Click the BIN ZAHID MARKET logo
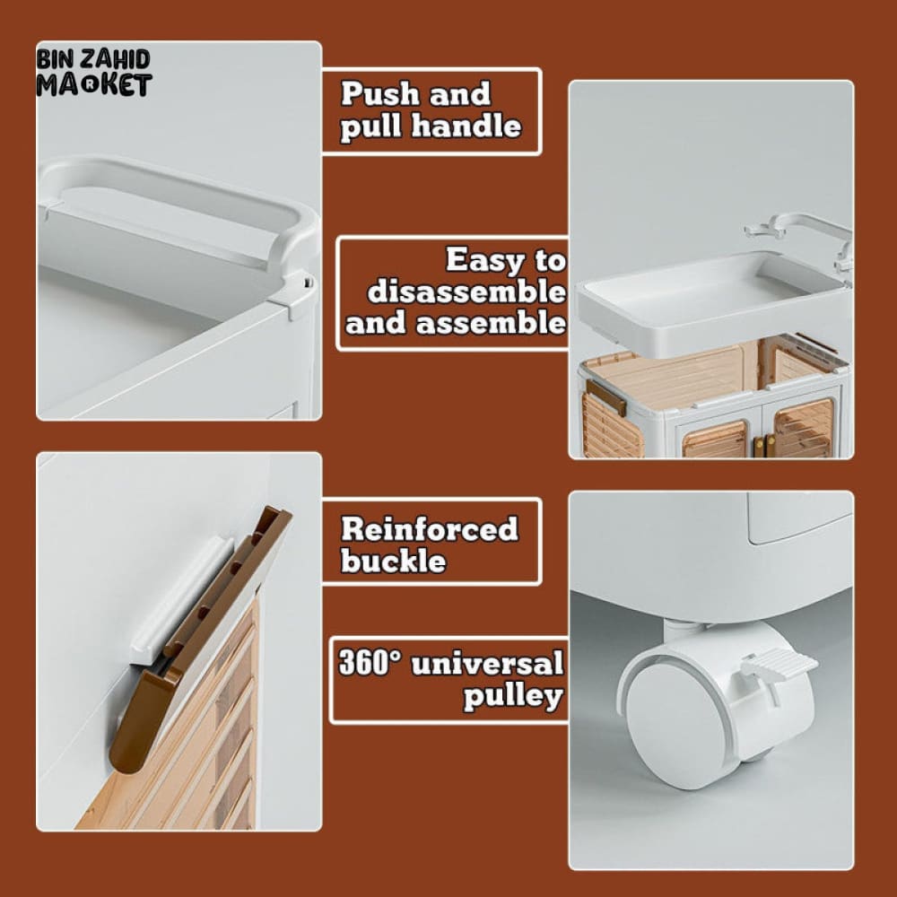point(94,73)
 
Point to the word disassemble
point(466,292)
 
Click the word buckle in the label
point(394,560)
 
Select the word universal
point(487,664)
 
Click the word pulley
point(513,696)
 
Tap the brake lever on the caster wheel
point(778,666)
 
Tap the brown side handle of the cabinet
point(606,397)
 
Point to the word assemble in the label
point(491,324)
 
